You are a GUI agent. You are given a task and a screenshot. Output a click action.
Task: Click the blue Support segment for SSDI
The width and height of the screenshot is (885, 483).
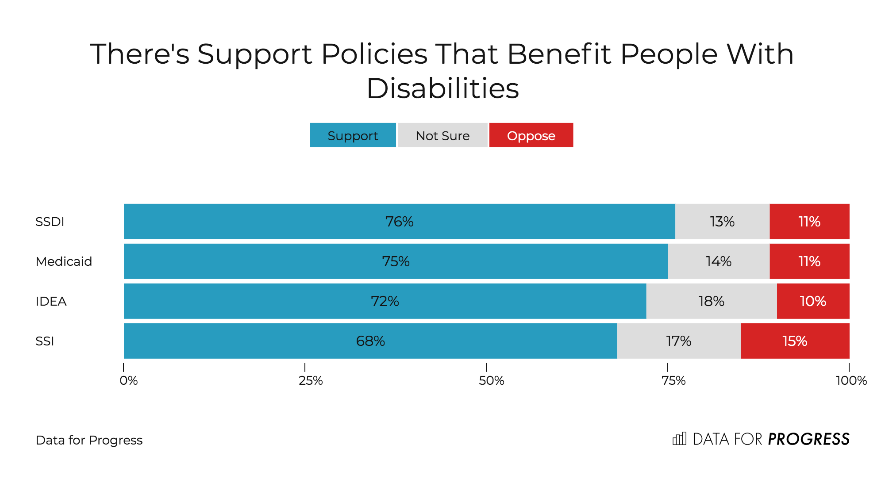(400, 222)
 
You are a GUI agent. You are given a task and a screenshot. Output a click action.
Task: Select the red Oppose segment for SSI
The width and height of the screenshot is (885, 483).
(795, 341)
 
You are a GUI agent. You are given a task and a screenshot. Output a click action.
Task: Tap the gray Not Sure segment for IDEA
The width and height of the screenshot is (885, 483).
(712, 301)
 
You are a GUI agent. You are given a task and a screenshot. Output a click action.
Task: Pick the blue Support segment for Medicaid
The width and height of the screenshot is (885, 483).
(396, 261)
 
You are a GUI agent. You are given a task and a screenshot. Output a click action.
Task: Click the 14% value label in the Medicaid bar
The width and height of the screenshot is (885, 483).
(719, 261)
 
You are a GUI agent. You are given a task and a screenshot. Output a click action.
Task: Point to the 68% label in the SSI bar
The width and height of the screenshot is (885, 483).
(370, 341)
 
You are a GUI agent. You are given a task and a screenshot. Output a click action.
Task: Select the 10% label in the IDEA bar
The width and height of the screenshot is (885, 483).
(813, 301)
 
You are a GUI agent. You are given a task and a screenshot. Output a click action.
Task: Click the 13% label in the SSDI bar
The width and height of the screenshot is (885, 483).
(722, 222)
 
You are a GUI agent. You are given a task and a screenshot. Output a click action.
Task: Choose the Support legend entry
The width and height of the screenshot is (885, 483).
(353, 135)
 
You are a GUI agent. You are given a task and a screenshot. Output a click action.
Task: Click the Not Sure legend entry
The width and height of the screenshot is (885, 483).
(442, 135)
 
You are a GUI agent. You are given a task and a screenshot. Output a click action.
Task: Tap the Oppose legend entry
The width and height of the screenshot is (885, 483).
(531, 135)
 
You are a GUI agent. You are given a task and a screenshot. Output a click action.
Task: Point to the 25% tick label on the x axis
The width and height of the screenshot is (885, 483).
(311, 381)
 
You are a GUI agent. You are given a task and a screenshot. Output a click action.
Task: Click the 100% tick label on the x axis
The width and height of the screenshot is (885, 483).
(851, 381)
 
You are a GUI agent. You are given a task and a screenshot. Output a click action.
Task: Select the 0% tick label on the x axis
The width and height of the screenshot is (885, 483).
(129, 381)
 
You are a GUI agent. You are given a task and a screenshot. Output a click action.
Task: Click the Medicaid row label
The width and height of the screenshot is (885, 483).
(64, 261)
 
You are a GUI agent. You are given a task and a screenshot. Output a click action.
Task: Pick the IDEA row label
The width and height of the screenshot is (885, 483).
(51, 301)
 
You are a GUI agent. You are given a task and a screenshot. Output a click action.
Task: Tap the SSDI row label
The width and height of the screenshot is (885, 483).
(50, 222)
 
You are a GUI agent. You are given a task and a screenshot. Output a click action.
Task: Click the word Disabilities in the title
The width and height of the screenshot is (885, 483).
(443, 88)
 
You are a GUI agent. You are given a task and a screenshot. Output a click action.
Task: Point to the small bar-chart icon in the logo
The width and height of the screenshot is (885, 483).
(679, 439)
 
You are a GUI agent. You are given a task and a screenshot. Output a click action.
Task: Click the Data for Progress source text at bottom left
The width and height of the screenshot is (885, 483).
(89, 440)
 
